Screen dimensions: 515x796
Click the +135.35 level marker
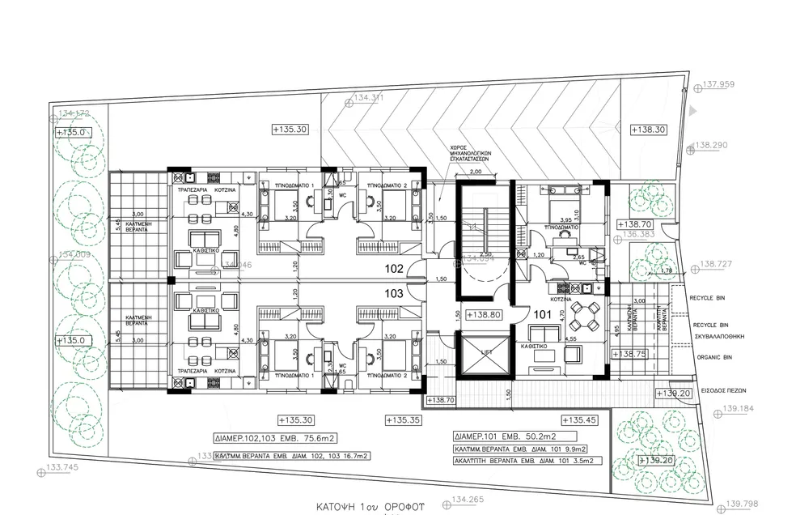click(402, 420)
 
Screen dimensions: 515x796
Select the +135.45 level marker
click(579, 420)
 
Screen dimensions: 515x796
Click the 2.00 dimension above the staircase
click(475, 172)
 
